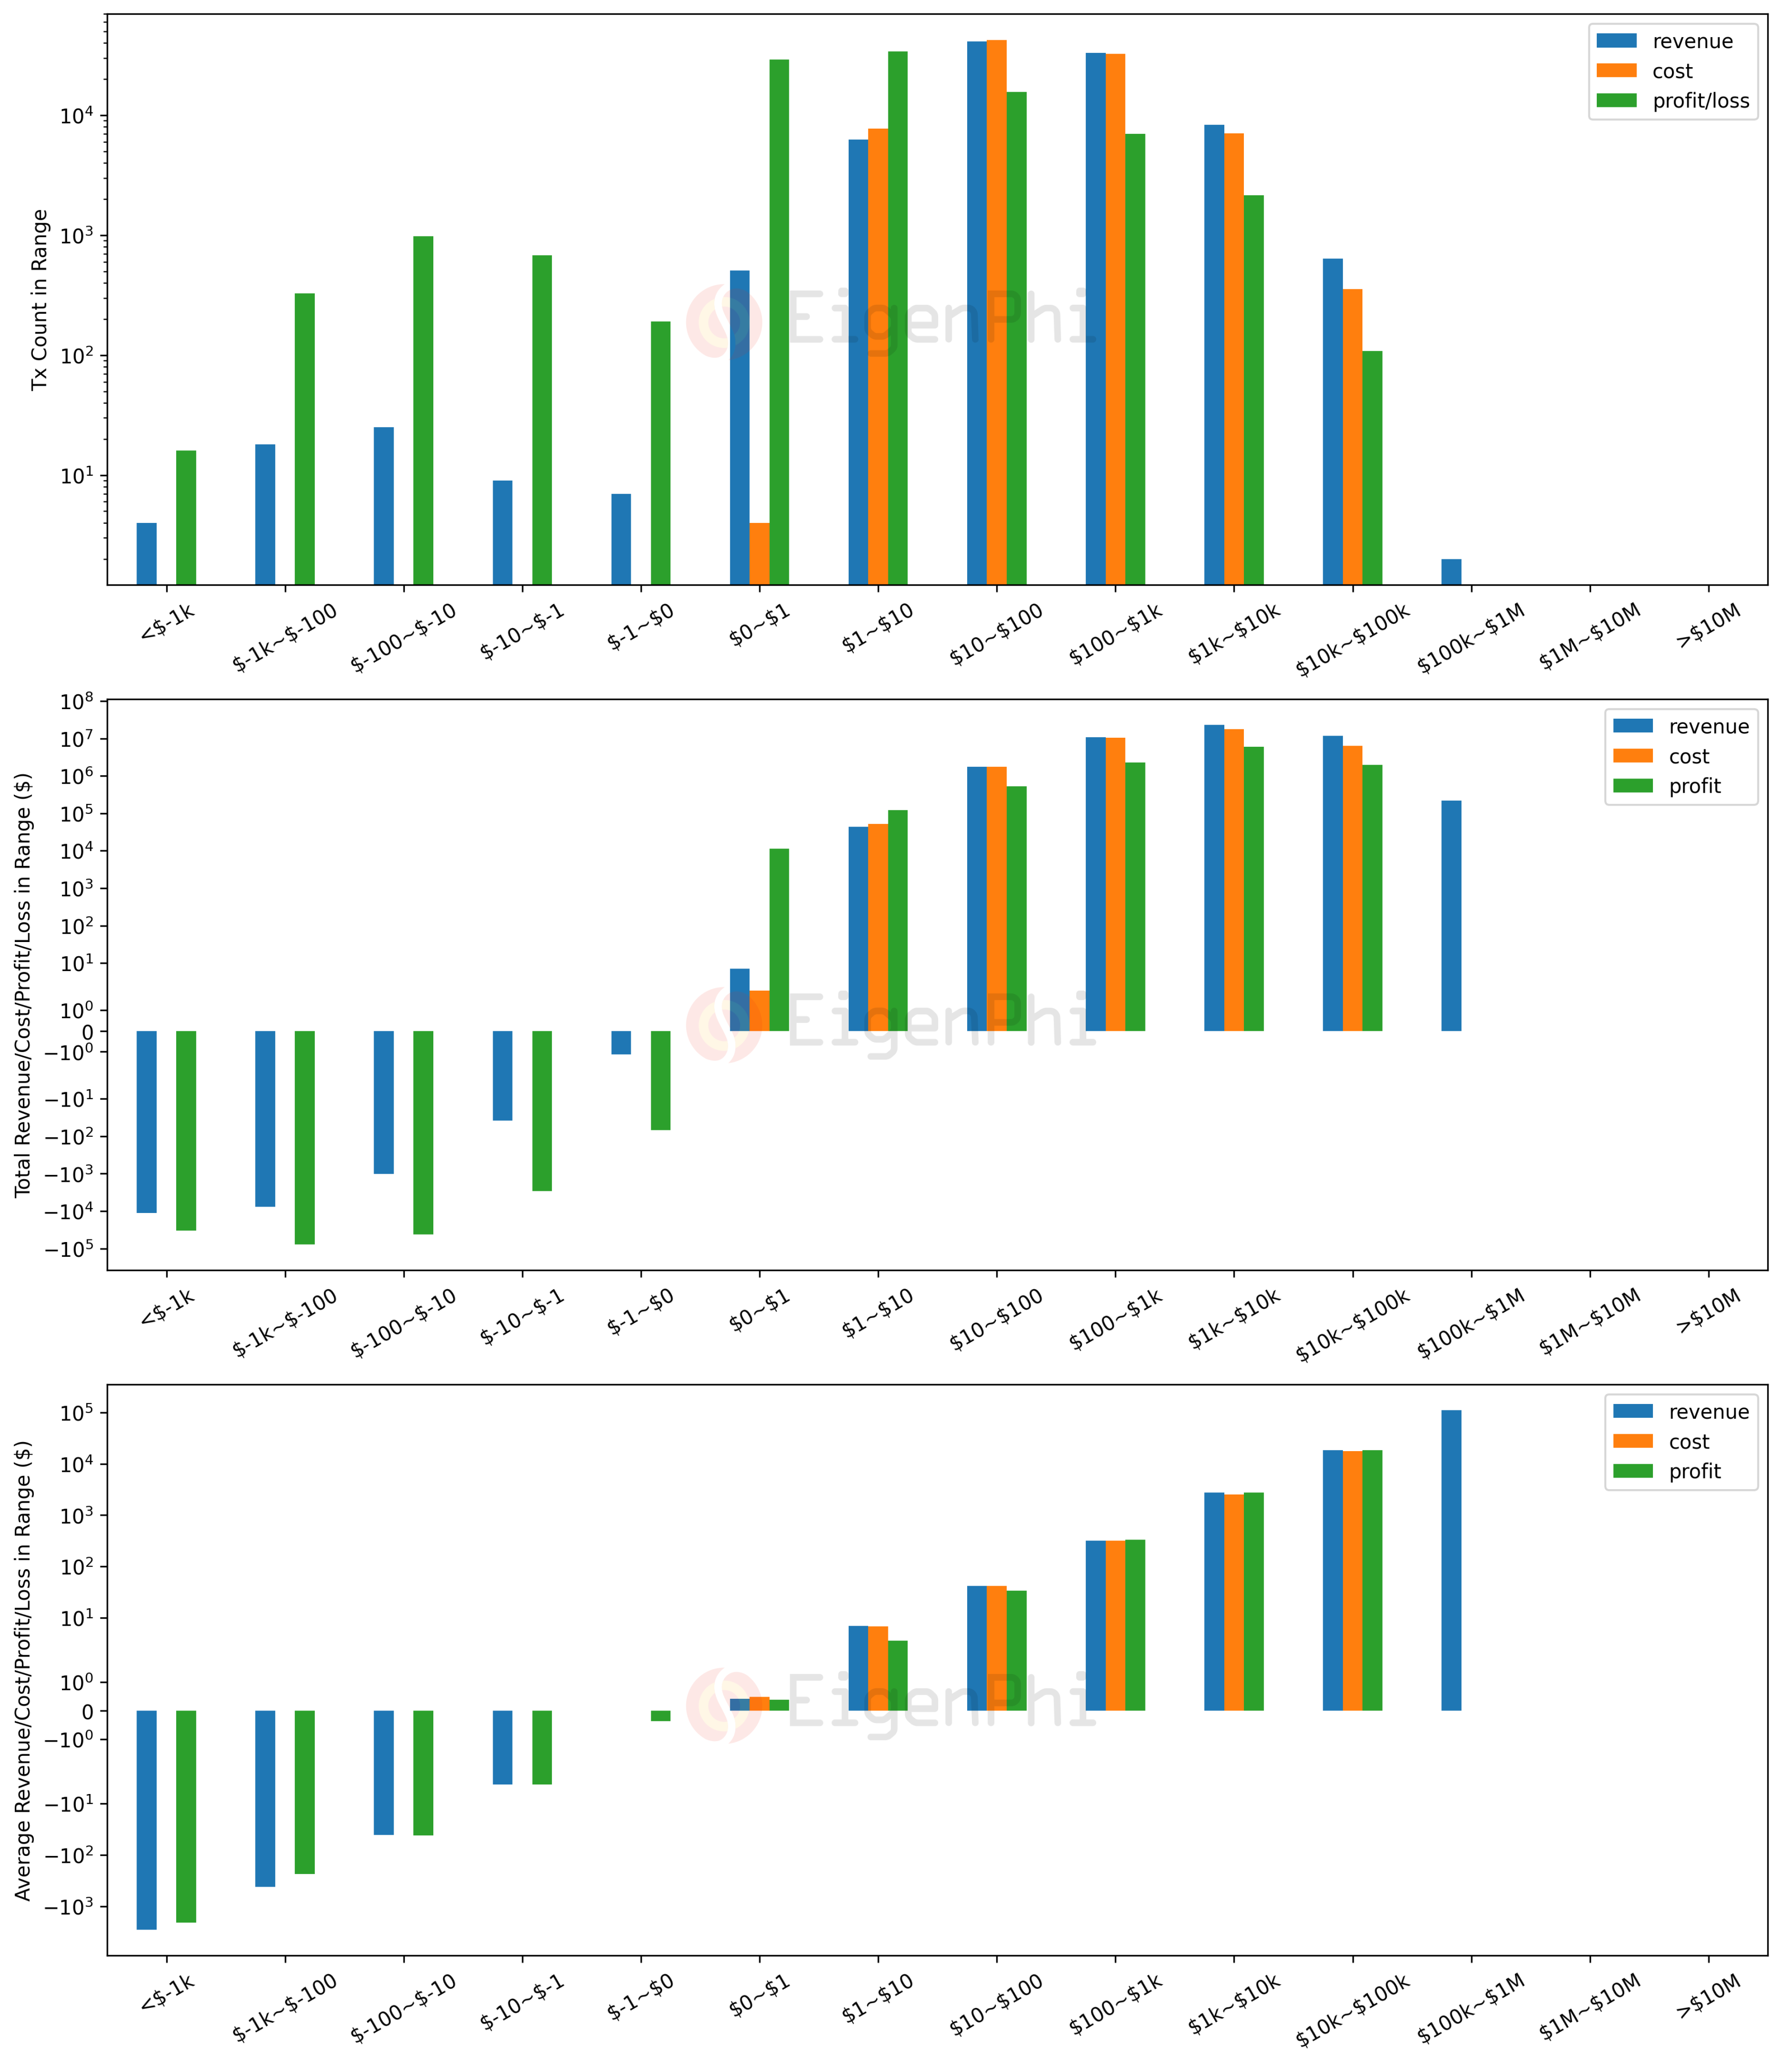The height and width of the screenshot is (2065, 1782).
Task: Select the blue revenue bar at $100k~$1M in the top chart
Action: [x=1451, y=572]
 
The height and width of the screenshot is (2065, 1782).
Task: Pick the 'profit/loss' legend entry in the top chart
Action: [x=1699, y=101]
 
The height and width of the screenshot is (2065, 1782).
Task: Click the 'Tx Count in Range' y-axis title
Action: [x=40, y=299]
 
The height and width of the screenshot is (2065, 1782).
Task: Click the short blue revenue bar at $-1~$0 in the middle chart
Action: [x=621, y=1043]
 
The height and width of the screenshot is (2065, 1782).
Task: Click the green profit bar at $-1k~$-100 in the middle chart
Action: [x=304, y=1136]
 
